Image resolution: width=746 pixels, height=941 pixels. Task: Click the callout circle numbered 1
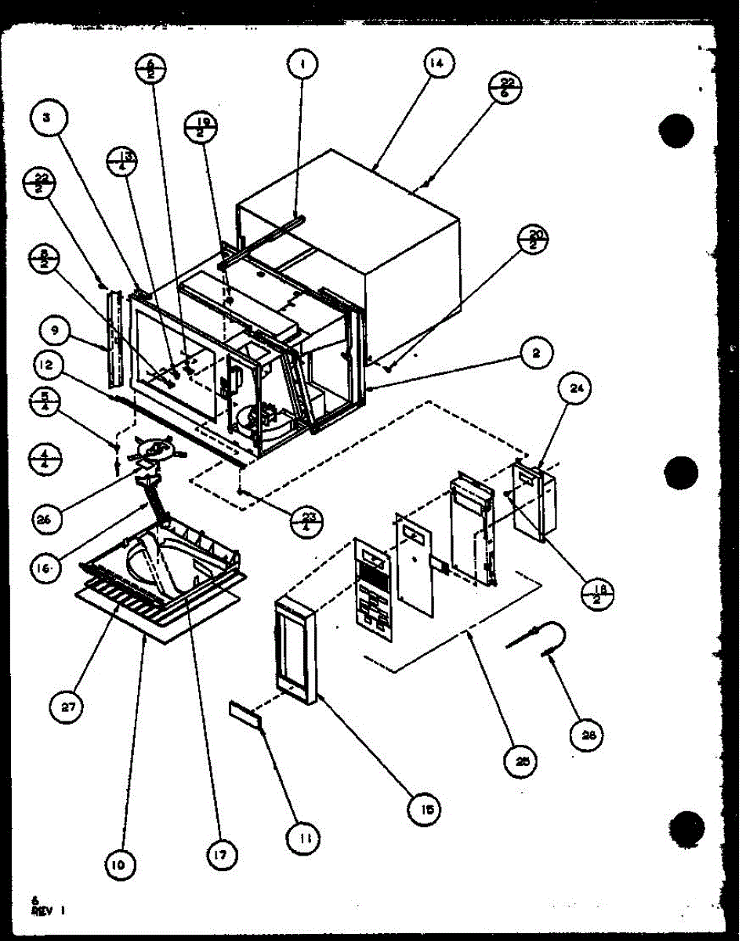pos(300,64)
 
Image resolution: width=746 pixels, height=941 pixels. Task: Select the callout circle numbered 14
pos(436,65)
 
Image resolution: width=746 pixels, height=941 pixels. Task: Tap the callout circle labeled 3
pos(47,120)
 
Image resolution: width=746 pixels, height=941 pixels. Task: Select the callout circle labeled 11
pos(305,841)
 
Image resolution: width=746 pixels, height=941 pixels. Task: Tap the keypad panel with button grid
pos(371,584)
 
